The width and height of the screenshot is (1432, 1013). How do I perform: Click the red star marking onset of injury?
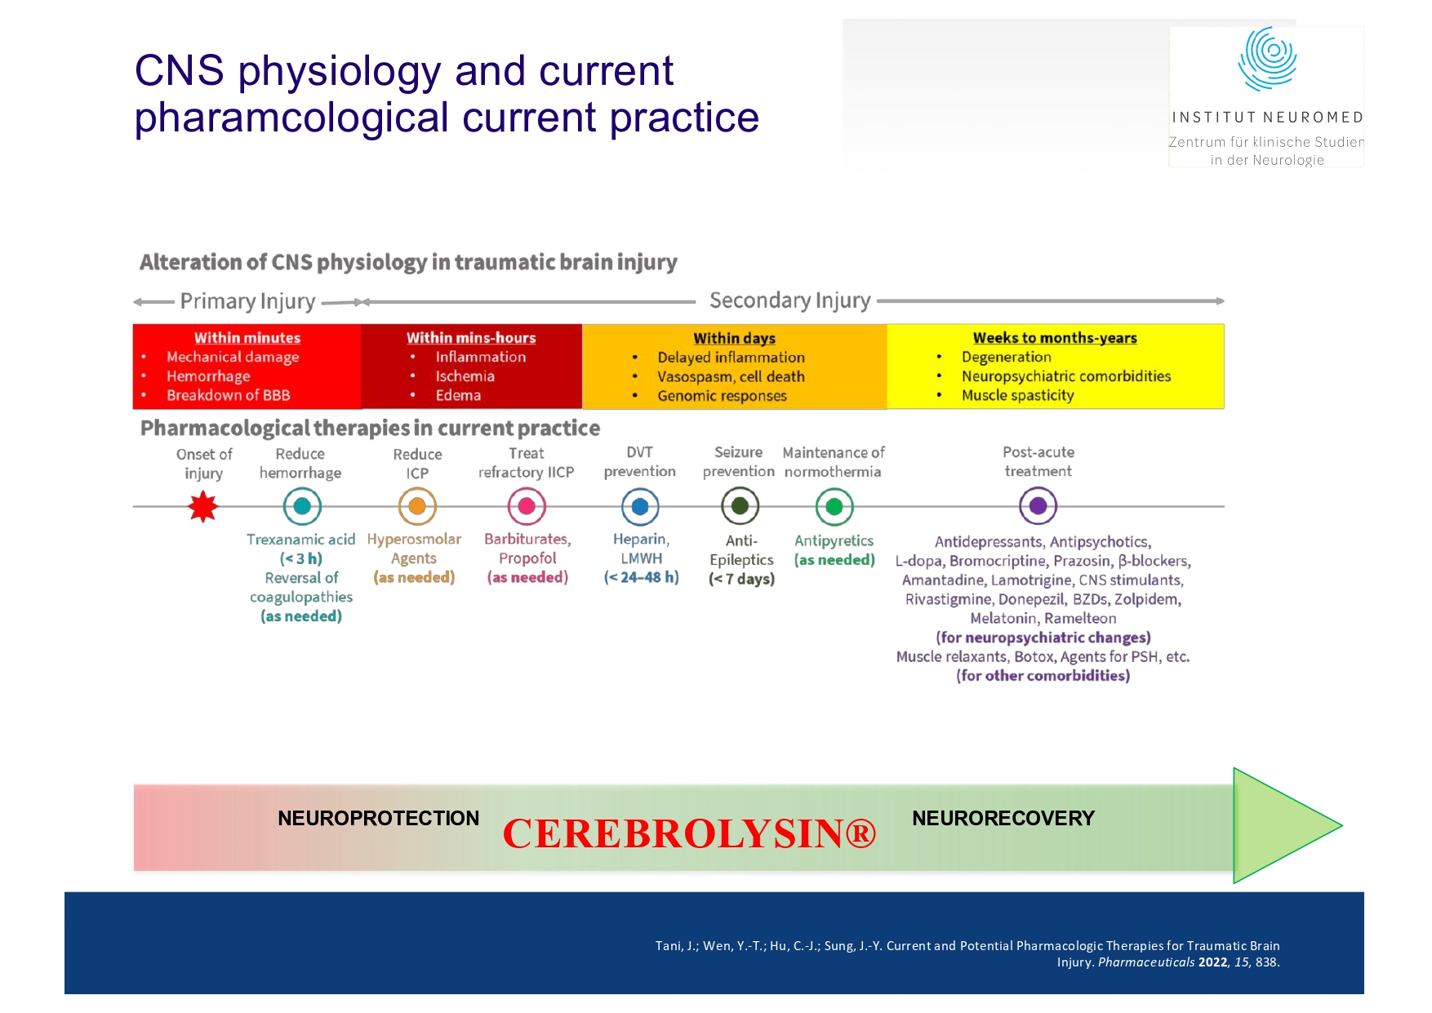pos(202,507)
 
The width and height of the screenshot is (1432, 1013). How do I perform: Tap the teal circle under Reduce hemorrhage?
pos(302,507)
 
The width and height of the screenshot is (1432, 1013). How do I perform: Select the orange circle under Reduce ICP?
pos(417,507)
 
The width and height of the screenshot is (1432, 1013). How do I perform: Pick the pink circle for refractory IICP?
pos(527,507)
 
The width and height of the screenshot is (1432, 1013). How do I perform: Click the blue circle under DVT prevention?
pos(640,507)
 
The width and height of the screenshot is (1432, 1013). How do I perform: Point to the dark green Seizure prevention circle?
pos(740,507)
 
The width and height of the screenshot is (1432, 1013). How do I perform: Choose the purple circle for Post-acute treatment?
pos(1038,506)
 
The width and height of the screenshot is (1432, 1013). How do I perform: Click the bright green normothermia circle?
pos(834,507)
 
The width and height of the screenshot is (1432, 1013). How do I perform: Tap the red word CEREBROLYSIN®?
pos(689,833)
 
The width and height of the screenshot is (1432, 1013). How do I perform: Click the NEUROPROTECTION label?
pos(378,819)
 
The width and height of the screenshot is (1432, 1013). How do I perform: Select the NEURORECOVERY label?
pos(1003,819)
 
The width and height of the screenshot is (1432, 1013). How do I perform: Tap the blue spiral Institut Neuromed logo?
pos(1267,59)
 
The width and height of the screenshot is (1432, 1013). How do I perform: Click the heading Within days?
pos(734,338)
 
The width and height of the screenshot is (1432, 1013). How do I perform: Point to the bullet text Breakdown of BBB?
pos(228,395)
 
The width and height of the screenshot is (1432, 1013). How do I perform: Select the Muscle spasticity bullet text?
pos(1017,395)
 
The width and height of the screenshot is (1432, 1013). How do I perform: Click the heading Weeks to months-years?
pos(1054,338)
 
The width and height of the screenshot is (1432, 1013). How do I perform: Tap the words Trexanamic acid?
pos(300,540)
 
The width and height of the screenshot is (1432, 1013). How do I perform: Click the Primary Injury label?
pos(247,301)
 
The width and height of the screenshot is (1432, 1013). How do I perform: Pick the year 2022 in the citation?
pos(1212,962)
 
